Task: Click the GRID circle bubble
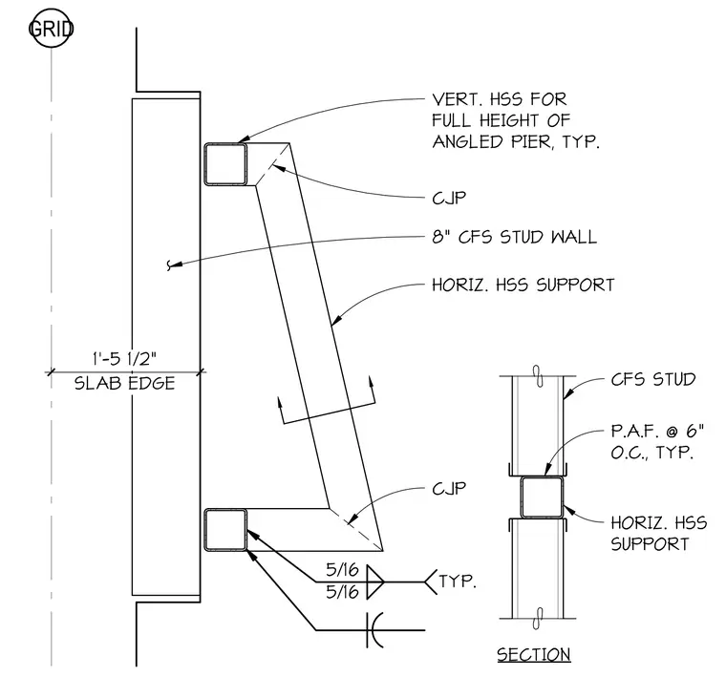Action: pos(51,29)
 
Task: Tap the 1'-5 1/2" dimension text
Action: pos(125,359)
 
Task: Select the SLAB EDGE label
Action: pos(125,383)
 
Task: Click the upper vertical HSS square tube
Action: pos(225,164)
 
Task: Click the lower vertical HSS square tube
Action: pos(225,530)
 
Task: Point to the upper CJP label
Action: pos(449,198)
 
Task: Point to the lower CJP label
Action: pos(449,489)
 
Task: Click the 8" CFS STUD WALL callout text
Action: pos(514,237)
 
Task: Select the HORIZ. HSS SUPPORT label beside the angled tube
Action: pos(523,285)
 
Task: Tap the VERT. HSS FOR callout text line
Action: pos(499,99)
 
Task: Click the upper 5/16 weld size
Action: pos(343,570)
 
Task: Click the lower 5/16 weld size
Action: pos(343,592)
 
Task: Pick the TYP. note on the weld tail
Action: pos(458,582)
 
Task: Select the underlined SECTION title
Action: pos(534,655)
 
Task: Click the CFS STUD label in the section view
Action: pos(653,379)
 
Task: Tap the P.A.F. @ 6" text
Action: pos(657,431)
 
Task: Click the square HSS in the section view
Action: pos(542,497)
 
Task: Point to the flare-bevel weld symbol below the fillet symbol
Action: pos(374,630)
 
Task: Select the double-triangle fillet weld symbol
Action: pos(375,582)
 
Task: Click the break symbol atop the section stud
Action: pos(538,376)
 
